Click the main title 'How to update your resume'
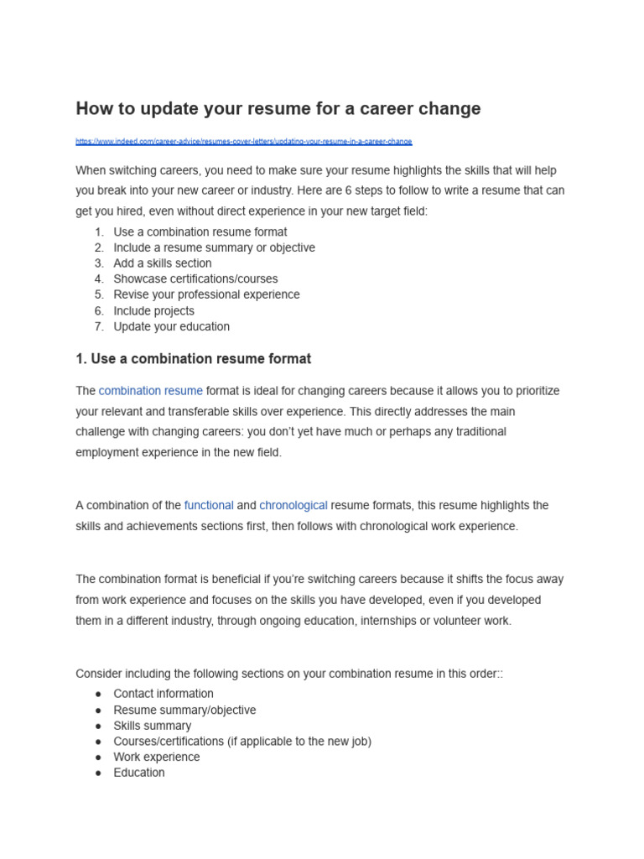(278, 109)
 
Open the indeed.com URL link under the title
(243, 142)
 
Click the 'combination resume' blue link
(150, 391)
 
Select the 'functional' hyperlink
(209, 506)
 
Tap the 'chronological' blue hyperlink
(293, 506)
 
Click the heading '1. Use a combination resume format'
(193, 359)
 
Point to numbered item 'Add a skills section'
(163, 263)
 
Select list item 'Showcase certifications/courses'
(195, 279)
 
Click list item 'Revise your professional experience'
(206, 295)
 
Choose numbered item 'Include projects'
(153, 311)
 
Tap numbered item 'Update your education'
(171, 327)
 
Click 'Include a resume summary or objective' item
(214, 248)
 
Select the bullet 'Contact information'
(164, 695)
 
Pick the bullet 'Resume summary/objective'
(184, 711)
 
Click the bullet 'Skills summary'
(152, 726)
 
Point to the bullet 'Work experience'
(157, 757)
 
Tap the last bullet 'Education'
(139, 773)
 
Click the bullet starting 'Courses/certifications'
(241, 742)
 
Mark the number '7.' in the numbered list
(99, 327)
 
